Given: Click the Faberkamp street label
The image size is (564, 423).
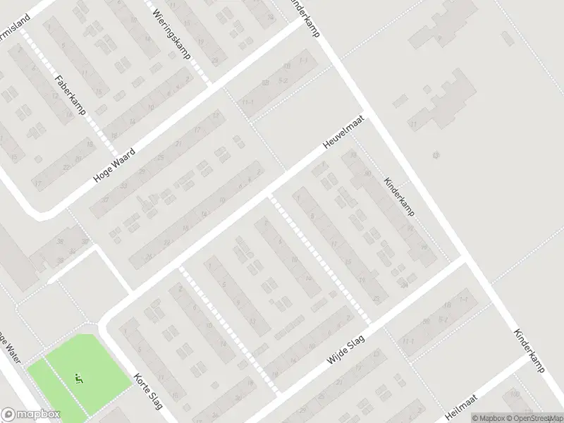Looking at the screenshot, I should [68, 97].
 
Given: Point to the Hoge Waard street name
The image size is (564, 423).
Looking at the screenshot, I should [118, 161].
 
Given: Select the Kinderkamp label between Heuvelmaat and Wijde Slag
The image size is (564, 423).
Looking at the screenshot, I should [400, 195].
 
